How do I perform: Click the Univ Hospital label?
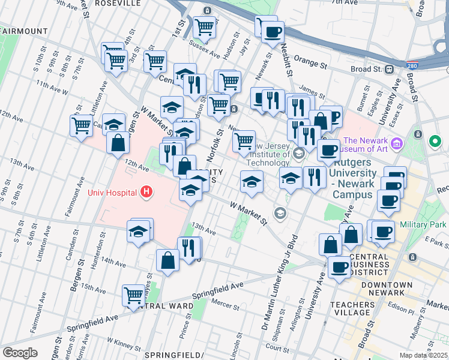[x=113, y=193]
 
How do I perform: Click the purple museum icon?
[x=396, y=144]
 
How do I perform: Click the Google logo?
[x=20, y=353]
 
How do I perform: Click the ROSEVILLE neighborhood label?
[x=120, y=3]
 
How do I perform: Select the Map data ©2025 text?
[x=423, y=355]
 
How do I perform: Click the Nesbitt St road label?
[x=289, y=60]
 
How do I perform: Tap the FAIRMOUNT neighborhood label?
[x=24, y=31]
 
